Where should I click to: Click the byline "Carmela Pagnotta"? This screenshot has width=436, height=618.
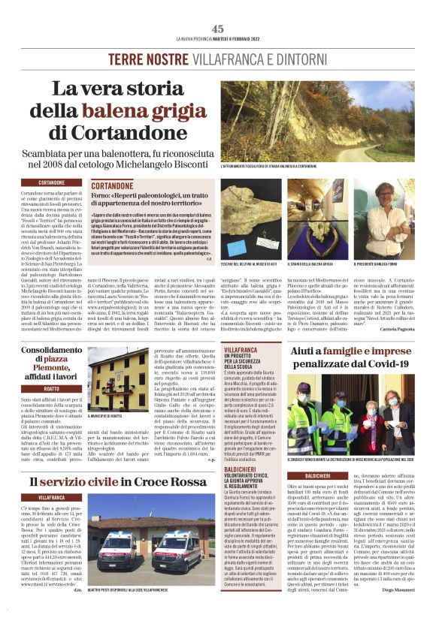(395, 330)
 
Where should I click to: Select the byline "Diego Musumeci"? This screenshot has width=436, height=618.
(396, 608)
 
